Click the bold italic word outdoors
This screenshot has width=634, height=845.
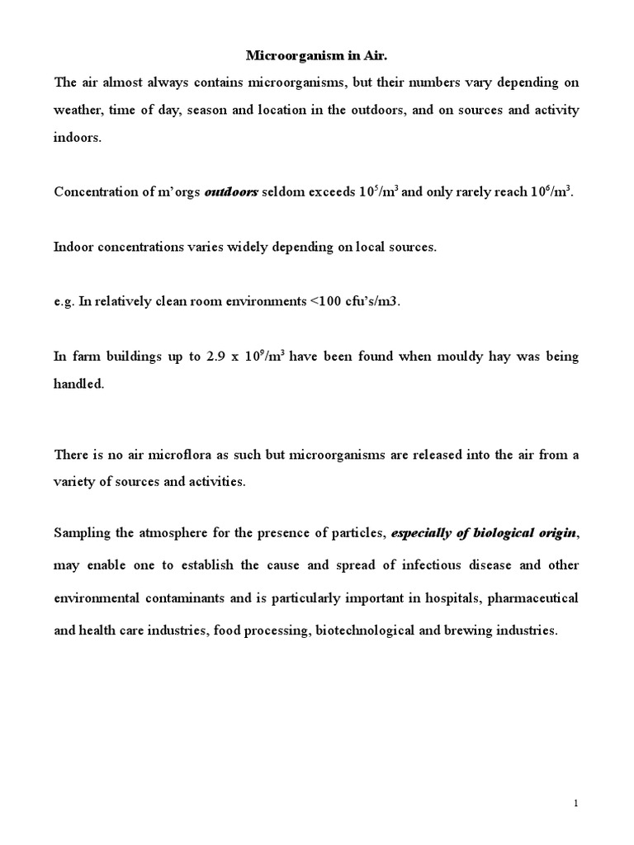coord(231,191)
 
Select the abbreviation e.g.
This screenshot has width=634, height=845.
coord(64,302)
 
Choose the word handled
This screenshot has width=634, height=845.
coord(78,384)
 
